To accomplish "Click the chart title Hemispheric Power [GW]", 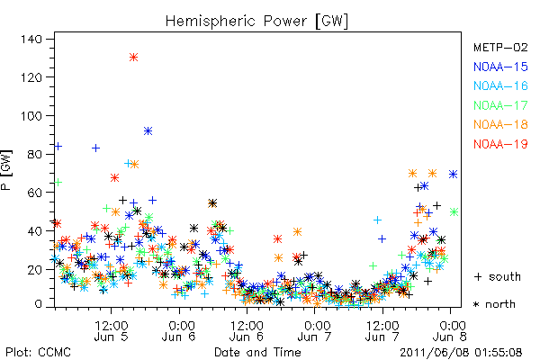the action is point(256,22).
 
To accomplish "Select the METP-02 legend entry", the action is point(500,47).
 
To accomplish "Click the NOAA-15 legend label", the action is point(500,67).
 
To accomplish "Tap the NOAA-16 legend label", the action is point(500,85).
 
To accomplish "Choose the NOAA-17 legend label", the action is point(500,105).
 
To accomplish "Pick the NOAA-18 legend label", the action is point(500,124).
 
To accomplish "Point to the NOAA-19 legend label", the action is point(500,144).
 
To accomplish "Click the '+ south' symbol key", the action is point(498,276).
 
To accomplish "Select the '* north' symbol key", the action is point(494,304).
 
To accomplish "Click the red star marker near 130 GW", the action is point(133,58).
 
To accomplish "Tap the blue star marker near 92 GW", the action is point(148,130).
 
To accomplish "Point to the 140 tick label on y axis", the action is point(31,40).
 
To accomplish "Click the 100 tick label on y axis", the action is point(31,116).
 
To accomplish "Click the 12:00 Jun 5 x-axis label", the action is point(112,330).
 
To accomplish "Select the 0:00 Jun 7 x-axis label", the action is point(314,330).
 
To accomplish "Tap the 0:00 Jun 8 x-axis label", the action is point(450,330).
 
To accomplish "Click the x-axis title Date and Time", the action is point(257,353).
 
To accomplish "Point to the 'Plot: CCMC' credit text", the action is point(38,353).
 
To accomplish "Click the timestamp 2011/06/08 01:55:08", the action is point(461,353).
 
